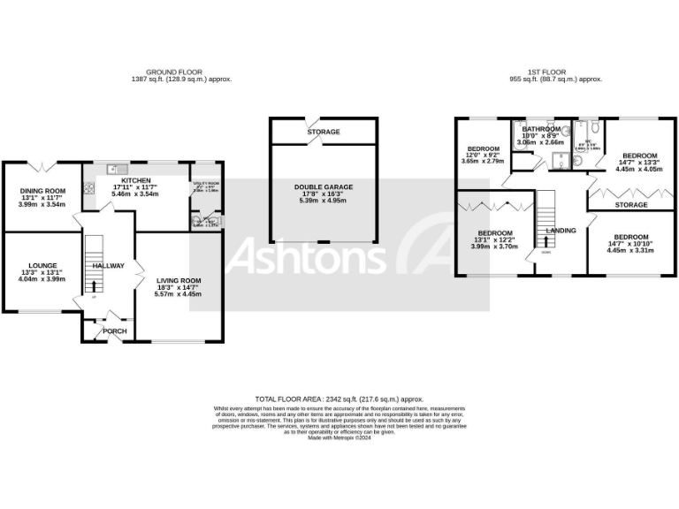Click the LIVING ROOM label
179,281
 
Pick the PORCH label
115,331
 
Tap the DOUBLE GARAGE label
323,186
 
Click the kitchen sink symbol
112,168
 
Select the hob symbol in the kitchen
89,186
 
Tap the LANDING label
561,231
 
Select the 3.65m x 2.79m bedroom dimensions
484,161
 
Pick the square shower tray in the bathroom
559,160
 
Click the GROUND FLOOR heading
174,72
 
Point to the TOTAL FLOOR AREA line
339,399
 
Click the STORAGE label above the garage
324,132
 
